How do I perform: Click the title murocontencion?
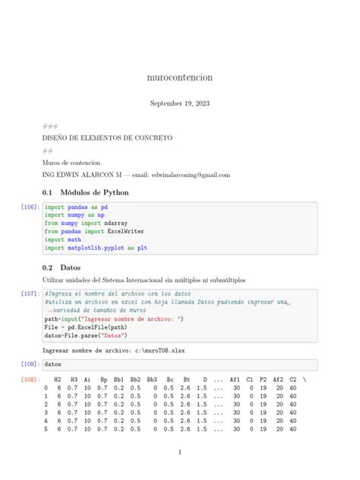pos(179,77)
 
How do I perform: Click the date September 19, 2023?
pos(179,103)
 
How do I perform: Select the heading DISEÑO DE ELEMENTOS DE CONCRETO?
pos(107,138)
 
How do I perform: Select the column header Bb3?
pos(152,378)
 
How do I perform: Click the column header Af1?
pos(235,378)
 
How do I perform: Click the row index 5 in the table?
pos(46,428)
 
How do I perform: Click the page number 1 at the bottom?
pos(180,453)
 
